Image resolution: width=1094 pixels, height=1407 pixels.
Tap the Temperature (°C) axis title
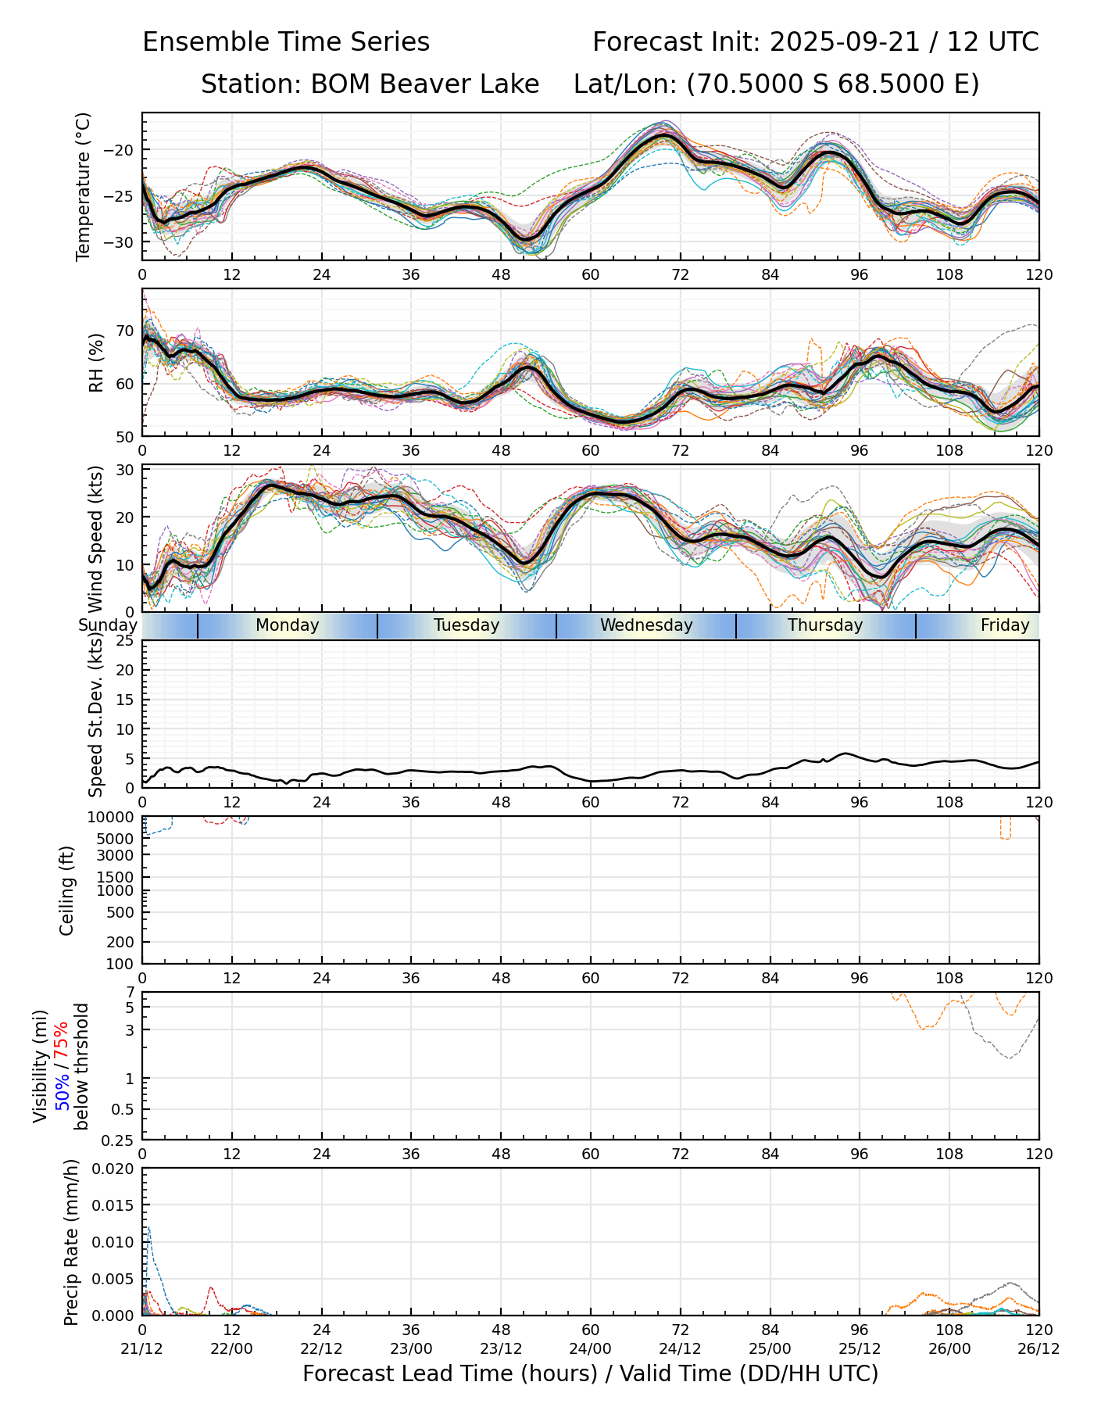[x=84, y=186]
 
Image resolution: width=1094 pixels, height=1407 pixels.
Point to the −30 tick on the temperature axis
[x=122, y=242]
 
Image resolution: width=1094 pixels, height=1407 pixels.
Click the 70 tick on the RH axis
[x=126, y=331]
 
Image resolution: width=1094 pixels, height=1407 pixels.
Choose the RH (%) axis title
[x=96, y=363]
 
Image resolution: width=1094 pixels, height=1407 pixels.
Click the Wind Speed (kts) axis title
[x=96, y=539]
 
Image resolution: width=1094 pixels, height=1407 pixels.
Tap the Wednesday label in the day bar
[x=646, y=625]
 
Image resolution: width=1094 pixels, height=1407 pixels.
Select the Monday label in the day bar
[x=288, y=625]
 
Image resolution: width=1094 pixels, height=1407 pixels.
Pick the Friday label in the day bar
[x=1005, y=625]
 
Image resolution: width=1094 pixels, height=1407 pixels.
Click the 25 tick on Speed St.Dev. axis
[x=126, y=641]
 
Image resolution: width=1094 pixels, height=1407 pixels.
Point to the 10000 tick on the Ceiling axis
[x=116, y=817]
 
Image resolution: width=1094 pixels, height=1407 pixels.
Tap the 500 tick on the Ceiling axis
[x=123, y=912]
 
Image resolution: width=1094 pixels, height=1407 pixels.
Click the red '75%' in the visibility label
[x=61, y=1040]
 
